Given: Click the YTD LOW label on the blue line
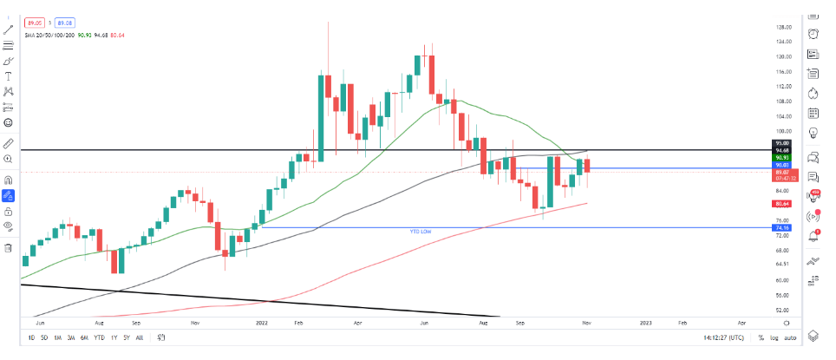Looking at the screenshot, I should coord(420,232).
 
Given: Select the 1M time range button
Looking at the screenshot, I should coord(57,337).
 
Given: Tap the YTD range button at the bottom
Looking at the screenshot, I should coord(100,337).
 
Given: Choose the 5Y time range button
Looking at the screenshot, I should coord(127,337).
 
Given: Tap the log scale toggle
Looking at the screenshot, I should coord(774,337).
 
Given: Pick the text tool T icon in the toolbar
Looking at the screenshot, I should coord(9,76).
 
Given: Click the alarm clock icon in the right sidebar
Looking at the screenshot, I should coord(814,34).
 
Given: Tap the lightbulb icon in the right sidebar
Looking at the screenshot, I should coord(814,132).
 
